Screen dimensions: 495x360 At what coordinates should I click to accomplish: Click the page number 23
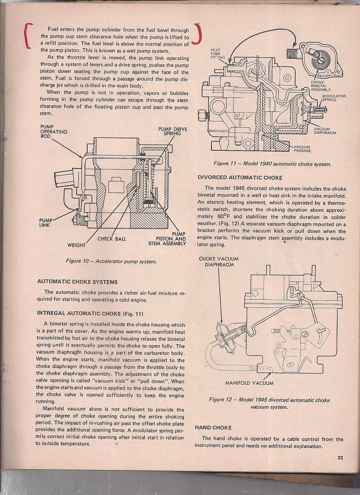(340, 456)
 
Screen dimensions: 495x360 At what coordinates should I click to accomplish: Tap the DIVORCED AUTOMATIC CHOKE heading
(240, 177)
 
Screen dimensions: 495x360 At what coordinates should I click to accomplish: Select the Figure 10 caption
(111, 261)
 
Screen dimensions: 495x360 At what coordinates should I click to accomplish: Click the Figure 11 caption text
(272, 164)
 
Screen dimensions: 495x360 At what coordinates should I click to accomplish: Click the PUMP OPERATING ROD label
(54, 132)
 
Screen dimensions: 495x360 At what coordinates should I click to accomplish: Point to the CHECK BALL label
(111, 239)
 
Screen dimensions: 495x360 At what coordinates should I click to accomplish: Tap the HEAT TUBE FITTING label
(217, 54)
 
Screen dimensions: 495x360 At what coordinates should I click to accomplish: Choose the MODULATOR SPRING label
(333, 98)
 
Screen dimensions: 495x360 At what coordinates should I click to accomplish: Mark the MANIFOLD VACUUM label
(249, 383)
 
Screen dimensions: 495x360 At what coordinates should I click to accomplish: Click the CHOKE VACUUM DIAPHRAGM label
(219, 262)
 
